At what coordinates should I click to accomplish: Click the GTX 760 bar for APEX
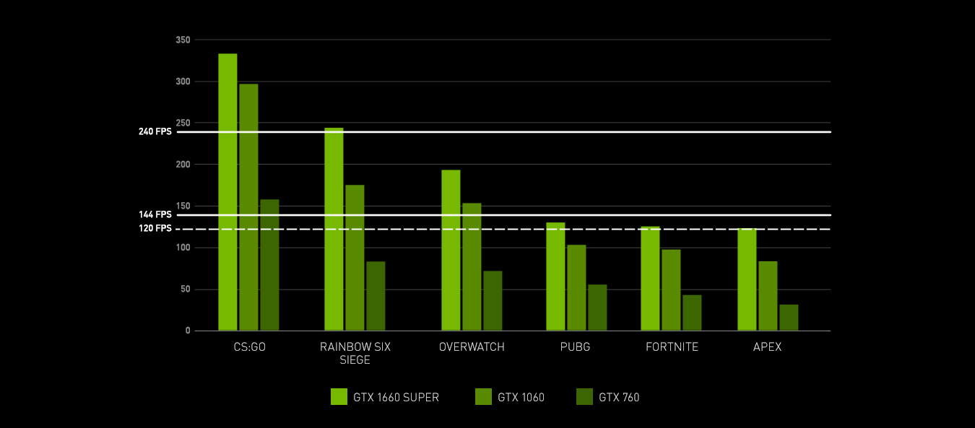coord(789,318)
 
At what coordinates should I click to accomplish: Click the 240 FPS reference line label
coord(155,132)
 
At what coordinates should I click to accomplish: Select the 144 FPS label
coord(155,214)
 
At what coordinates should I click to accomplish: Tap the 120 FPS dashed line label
coord(155,229)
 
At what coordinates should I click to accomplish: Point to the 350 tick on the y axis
coord(182,40)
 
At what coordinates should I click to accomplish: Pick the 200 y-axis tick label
coord(182,165)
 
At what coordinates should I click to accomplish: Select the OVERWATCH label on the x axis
coord(472,347)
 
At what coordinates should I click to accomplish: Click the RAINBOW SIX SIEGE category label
coord(355,354)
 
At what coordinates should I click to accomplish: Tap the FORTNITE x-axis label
coord(672,347)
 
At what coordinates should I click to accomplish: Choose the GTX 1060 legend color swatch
coord(483,397)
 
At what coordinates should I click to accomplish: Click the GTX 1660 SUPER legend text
coord(396,397)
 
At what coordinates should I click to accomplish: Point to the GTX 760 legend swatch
coord(584,397)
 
